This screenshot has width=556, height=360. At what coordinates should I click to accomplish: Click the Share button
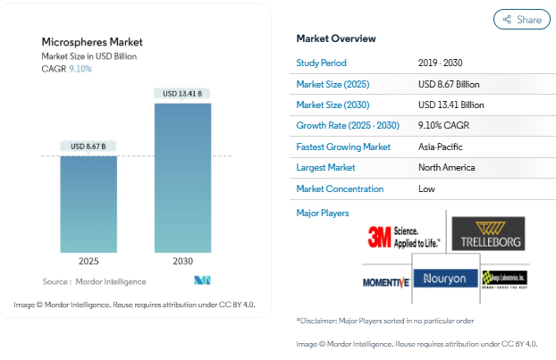pyautogui.click(x=521, y=19)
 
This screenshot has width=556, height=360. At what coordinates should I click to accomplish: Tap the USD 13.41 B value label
pyautogui.click(x=183, y=94)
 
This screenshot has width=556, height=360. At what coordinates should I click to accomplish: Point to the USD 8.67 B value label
pyautogui.click(x=88, y=147)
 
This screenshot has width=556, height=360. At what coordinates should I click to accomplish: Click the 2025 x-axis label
pyautogui.click(x=88, y=262)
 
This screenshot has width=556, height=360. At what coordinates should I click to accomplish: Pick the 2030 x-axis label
pyautogui.click(x=183, y=262)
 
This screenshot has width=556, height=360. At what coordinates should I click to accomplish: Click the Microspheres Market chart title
pyautogui.click(x=92, y=42)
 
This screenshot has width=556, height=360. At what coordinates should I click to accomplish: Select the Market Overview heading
pyautogui.click(x=336, y=38)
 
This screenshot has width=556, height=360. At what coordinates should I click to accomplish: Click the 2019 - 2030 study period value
pyautogui.click(x=441, y=63)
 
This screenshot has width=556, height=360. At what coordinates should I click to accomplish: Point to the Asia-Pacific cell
pyautogui.click(x=441, y=147)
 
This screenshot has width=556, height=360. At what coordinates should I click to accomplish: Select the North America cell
pyautogui.click(x=446, y=167)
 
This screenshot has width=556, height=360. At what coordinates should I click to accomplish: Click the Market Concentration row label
pyautogui.click(x=340, y=188)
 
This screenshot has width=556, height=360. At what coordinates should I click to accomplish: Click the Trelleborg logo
pyautogui.click(x=488, y=233)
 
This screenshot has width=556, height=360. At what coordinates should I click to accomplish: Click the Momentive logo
pyautogui.click(x=386, y=282)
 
